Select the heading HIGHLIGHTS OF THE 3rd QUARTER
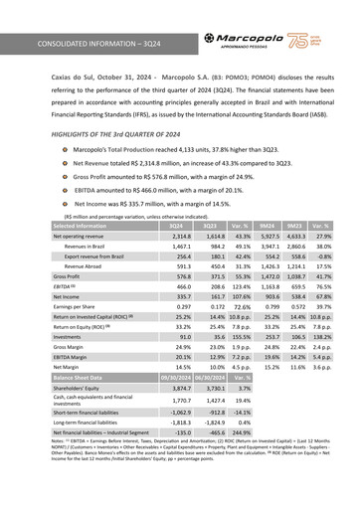109,133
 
